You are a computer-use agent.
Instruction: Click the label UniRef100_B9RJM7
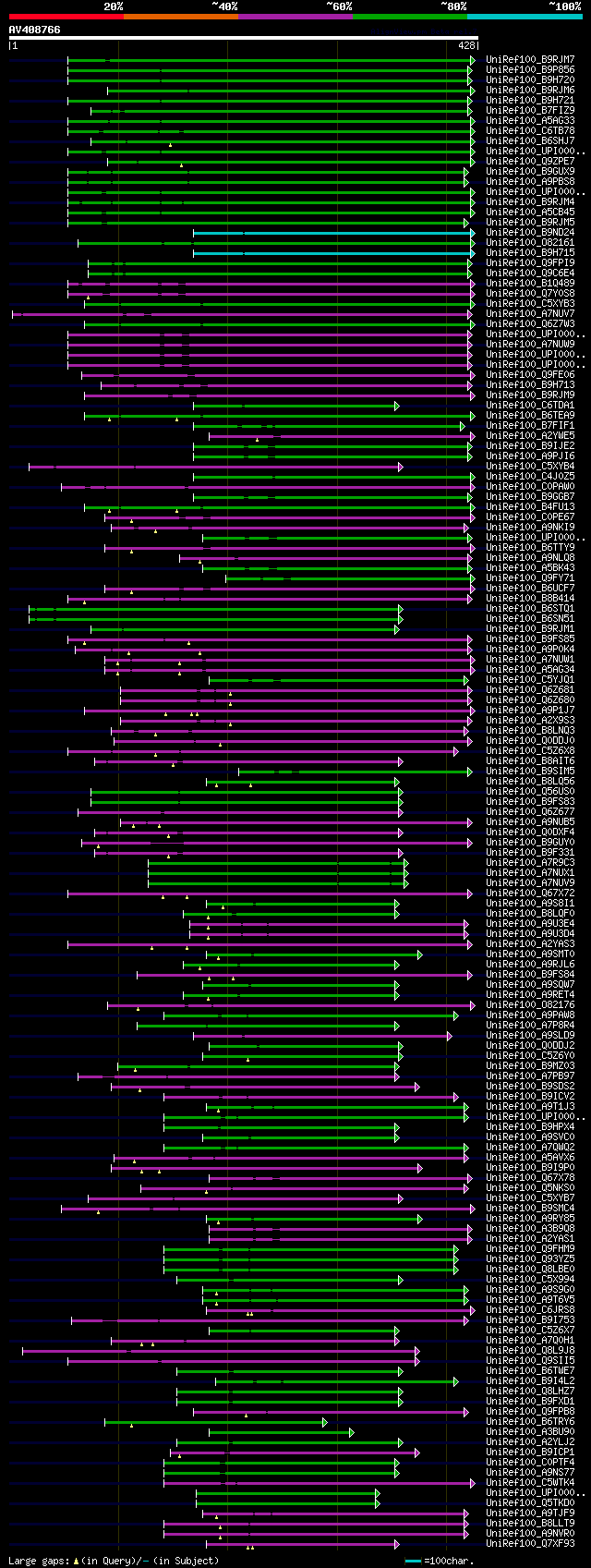(530, 60)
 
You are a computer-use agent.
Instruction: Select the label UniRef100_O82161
(530, 243)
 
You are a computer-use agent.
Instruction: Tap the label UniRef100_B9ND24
(530, 233)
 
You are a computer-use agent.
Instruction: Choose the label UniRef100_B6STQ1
(530, 609)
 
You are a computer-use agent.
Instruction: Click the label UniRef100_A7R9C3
(530, 863)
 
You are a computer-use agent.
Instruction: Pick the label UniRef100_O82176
(530, 1005)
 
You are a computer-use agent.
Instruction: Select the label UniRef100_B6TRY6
(530, 1422)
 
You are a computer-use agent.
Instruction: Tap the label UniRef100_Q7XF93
(530, 1544)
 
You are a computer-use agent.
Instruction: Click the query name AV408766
(35, 30)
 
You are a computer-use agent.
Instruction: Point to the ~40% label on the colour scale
(224, 6)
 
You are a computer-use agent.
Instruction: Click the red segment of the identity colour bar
(66, 17)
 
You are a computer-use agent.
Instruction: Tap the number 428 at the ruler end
(466, 45)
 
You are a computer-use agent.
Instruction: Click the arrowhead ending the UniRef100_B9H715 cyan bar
(472, 253)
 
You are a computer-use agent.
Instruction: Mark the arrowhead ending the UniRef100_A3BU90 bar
(351, 1432)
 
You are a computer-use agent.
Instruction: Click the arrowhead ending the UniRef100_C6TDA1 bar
(397, 406)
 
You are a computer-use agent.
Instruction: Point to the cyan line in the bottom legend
(413, 1561)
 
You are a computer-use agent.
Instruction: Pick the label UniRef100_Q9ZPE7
(530, 162)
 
